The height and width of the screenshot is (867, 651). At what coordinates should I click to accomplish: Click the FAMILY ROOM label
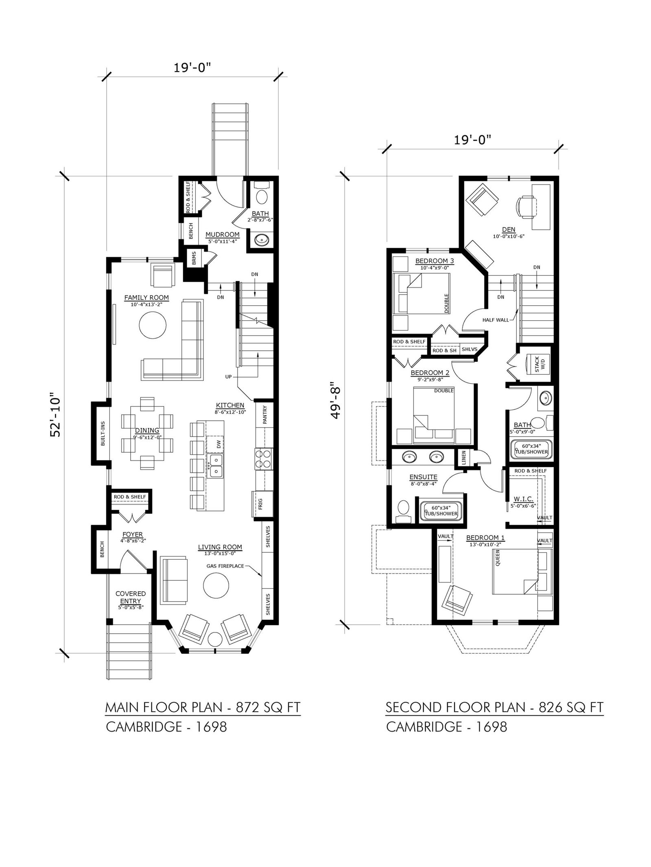(x=146, y=298)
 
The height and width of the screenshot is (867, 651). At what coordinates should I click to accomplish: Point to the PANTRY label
(x=265, y=415)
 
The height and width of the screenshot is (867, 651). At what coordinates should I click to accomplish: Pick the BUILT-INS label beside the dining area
(x=103, y=433)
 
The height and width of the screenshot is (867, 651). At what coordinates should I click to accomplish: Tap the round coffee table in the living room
(x=216, y=586)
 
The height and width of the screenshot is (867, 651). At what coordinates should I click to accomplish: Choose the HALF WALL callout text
(x=496, y=320)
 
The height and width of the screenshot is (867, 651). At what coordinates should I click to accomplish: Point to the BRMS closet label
(x=194, y=258)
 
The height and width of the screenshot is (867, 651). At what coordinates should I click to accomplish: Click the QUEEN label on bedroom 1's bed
(x=498, y=561)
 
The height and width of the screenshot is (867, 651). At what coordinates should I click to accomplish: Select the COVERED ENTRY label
(x=131, y=597)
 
